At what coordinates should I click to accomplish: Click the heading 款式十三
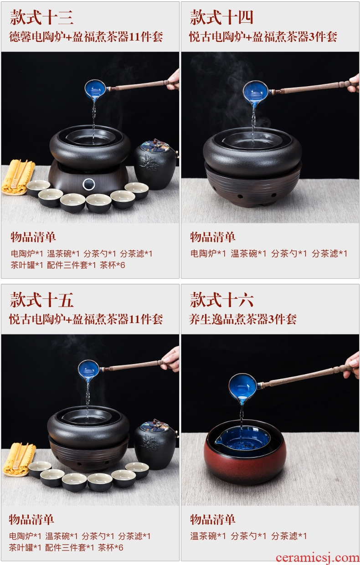pos(41,17)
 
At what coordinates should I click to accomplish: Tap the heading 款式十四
pos(221,17)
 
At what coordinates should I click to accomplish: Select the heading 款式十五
pos(41,300)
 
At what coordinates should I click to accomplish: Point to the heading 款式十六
pos(221,300)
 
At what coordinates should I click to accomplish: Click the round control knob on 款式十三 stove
pos(88,184)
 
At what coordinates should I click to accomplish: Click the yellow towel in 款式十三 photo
pos(18,177)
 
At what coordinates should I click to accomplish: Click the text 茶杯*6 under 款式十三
pos(113,265)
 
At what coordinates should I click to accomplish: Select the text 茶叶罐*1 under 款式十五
pos(25,548)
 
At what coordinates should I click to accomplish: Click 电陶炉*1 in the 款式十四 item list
pos(208,253)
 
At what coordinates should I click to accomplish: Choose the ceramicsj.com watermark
pos(318,557)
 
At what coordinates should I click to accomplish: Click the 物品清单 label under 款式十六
pos(213,519)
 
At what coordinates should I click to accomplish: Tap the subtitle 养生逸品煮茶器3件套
pos(243,319)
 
